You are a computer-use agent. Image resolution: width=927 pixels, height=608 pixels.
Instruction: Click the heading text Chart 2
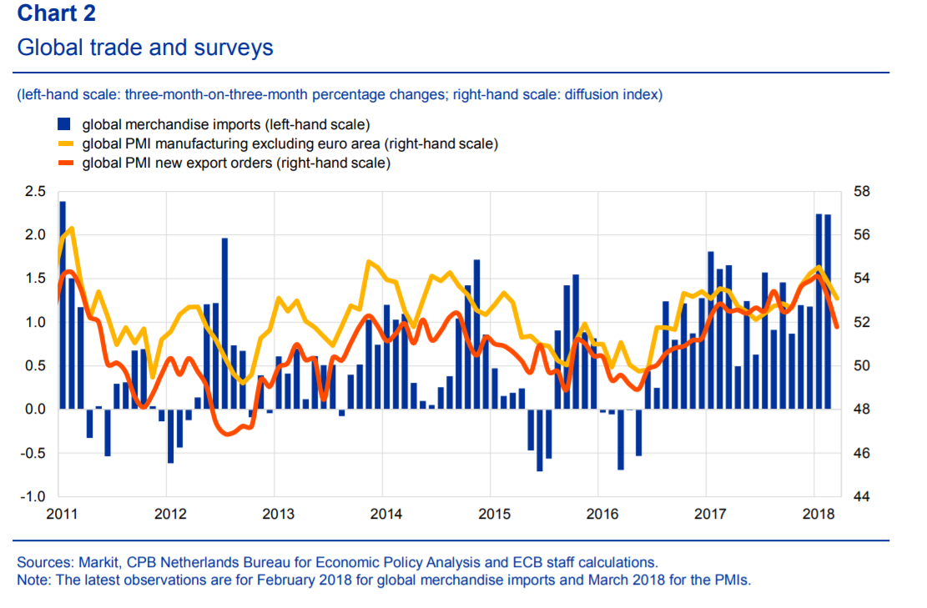click(x=56, y=13)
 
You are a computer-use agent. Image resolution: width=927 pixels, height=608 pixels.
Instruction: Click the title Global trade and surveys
click(x=145, y=48)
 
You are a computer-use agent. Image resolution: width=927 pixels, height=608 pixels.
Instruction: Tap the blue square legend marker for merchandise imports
click(x=63, y=125)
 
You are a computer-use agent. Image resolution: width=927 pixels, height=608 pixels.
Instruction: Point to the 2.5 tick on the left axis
click(x=35, y=191)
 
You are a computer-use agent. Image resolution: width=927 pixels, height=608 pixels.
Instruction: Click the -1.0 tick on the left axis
click(x=33, y=497)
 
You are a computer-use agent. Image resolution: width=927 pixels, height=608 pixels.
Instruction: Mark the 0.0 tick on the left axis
click(x=35, y=410)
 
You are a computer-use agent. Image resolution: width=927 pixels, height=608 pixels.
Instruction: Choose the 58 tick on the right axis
click(x=860, y=191)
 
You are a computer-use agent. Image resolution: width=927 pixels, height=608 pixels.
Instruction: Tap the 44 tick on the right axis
click(x=860, y=497)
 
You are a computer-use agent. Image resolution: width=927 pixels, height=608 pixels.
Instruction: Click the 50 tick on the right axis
click(x=860, y=366)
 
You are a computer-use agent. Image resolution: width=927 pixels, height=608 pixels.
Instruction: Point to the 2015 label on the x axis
click(x=492, y=511)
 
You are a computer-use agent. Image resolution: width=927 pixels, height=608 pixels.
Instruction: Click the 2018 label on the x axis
click(x=815, y=511)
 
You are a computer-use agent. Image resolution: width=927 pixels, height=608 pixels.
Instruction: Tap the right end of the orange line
click(x=837, y=327)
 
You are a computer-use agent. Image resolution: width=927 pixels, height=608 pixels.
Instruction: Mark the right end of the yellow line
click(x=837, y=298)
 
